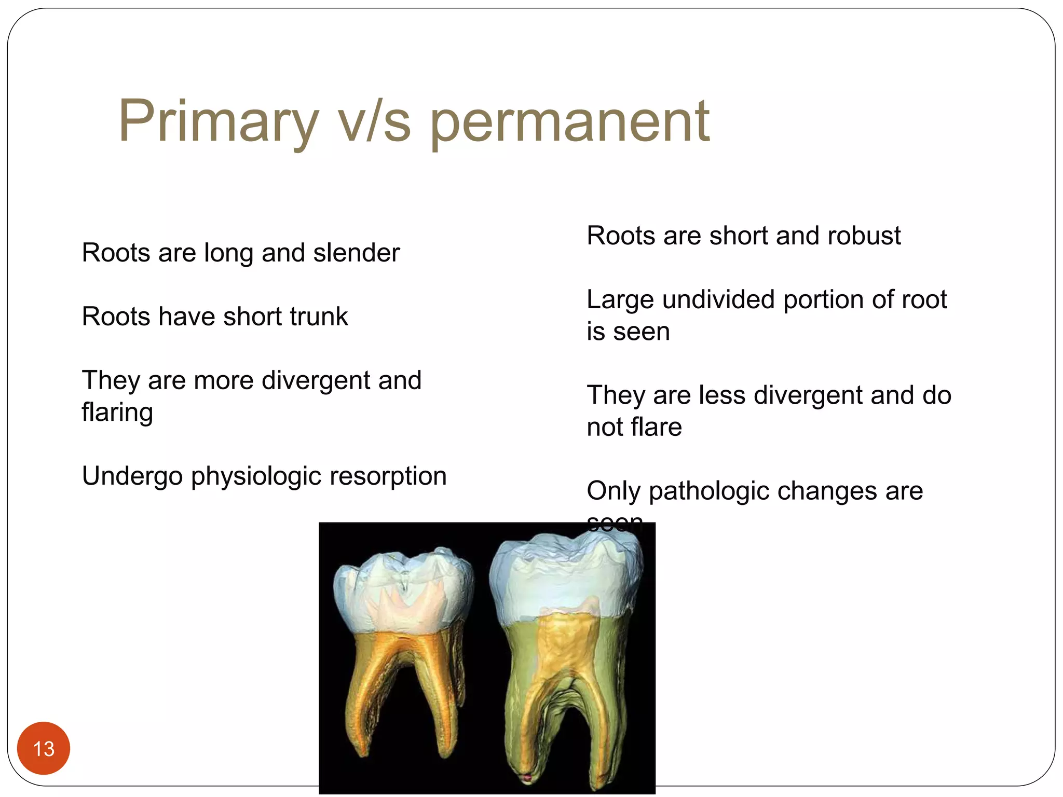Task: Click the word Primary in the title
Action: click(218, 122)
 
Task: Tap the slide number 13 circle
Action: click(44, 748)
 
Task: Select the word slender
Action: click(356, 253)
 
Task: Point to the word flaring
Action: click(117, 413)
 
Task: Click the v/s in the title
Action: click(374, 123)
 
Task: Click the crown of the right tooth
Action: click(566, 581)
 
